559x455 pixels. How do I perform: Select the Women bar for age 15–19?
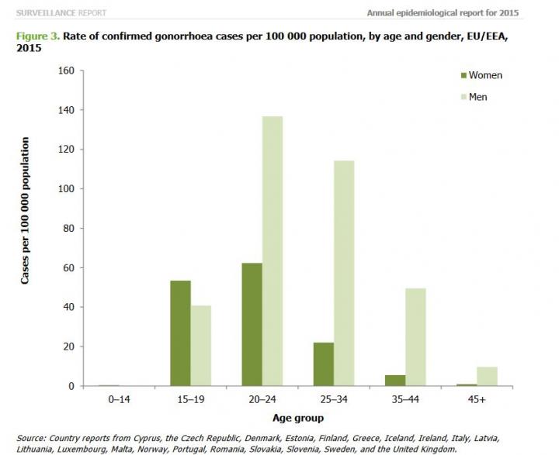(x=180, y=333)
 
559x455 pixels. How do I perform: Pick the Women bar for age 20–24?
(x=252, y=325)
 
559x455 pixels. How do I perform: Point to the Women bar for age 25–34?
(x=323, y=364)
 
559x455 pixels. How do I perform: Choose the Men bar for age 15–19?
(x=201, y=346)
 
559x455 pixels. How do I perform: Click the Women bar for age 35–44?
(x=395, y=381)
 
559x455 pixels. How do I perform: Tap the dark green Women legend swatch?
(x=464, y=75)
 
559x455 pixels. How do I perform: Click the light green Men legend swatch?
(x=464, y=97)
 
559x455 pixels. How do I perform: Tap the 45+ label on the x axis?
(x=477, y=399)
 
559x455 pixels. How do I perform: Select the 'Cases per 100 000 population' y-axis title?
(x=26, y=211)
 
